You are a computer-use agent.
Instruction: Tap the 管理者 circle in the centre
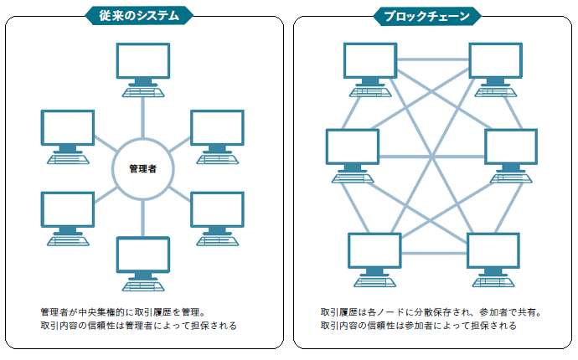coord(143,168)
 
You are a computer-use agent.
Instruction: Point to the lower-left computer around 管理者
coord(68,214)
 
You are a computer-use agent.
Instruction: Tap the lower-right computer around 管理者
coord(217,214)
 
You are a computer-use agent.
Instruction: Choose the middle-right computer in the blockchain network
coord(510,152)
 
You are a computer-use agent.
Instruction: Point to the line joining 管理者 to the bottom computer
coord(143,219)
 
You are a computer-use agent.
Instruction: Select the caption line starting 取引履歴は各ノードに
coord(431,311)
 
